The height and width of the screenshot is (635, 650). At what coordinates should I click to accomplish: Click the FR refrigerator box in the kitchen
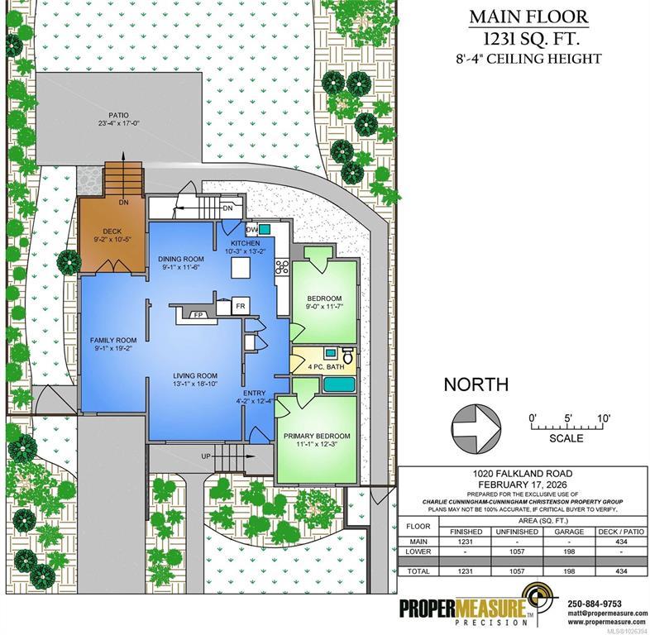click(241, 306)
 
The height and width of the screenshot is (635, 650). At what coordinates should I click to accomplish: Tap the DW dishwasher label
click(251, 229)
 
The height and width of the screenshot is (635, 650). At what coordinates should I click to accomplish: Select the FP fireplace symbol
click(198, 315)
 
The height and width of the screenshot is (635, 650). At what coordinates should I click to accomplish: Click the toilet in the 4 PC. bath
click(349, 356)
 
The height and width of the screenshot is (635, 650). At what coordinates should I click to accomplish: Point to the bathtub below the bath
click(339, 385)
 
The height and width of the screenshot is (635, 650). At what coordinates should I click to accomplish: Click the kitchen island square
click(241, 267)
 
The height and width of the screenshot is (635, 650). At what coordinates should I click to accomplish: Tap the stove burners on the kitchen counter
click(282, 266)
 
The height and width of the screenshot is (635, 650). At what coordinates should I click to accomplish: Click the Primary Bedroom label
click(317, 436)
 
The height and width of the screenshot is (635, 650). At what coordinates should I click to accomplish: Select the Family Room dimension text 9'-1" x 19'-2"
click(113, 348)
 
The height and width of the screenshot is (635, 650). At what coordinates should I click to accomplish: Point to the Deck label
click(112, 232)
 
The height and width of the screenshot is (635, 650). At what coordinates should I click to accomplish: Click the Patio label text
click(118, 115)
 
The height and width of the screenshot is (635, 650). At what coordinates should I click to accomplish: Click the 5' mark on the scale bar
click(567, 418)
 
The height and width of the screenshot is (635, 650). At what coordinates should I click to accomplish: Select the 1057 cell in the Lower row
click(517, 551)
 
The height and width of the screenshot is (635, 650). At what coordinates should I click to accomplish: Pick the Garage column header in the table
click(569, 532)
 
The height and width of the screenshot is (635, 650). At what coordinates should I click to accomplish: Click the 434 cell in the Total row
click(621, 571)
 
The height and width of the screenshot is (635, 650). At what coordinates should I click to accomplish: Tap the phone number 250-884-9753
click(594, 604)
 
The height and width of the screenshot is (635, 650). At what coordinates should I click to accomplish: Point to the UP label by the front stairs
click(207, 456)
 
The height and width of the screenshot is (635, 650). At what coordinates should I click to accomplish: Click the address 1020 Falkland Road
click(523, 473)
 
